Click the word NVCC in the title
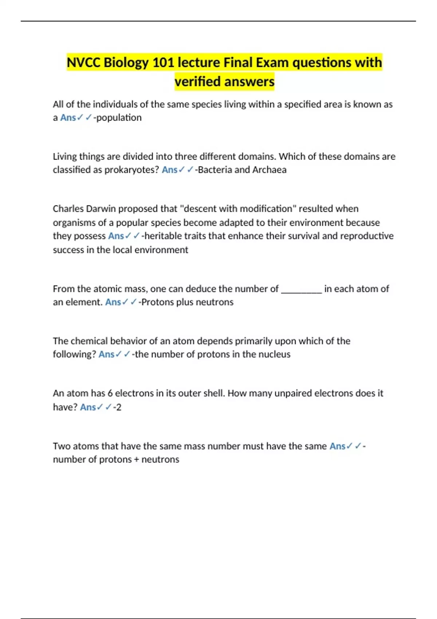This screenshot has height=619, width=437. [x=84, y=63]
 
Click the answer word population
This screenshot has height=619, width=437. [x=119, y=118]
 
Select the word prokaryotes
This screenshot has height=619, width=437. [x=131, y=170]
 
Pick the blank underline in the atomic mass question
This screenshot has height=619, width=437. [x=302, y=289]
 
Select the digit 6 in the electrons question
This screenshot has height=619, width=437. [x=110, y=393]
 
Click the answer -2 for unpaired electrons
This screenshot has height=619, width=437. [x=118, y=407]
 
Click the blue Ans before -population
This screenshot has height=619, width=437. [x=68, y=118]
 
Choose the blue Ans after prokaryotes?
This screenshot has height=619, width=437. [x=169, y=170]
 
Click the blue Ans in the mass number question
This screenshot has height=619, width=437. [x=337, y=446]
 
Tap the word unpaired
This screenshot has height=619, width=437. [x=293, y=393]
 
